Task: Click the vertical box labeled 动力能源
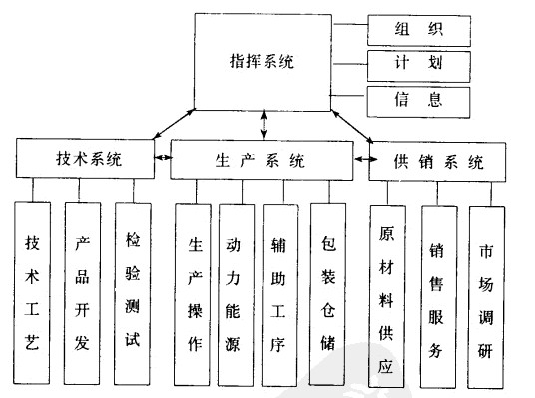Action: tap(236, 295)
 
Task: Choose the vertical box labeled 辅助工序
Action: tap(281, 295)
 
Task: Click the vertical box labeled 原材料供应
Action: tap(386, 297)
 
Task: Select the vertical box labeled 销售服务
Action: tap(438, 297)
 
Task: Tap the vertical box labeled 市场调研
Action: tap(487, 297)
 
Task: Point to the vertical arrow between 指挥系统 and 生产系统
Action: tap(264, 124)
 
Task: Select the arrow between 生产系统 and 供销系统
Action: tap(361, 158)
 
